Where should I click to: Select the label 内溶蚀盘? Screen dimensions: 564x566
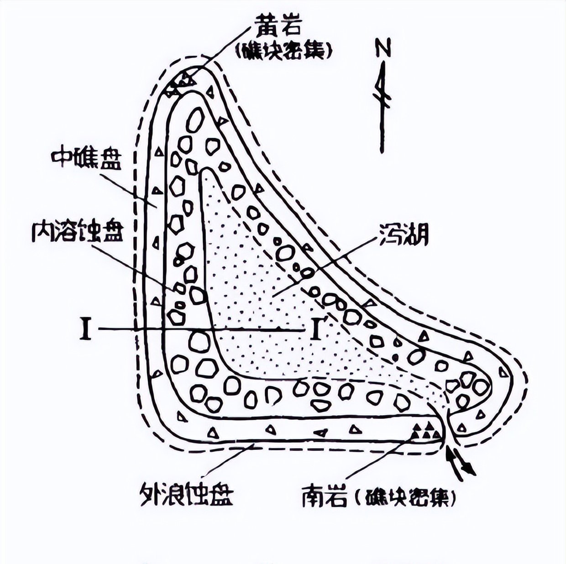pyautogui.click(x=77, y=232)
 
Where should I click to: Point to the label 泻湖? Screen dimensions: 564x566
pyautogui.click(x=403, y=235)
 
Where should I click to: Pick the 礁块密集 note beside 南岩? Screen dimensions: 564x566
pyautogui.click(x=406, y=497)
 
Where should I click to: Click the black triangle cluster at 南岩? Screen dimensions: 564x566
pyautogui.click(x=427, y=431)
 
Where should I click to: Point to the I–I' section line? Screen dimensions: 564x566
pyautogui.click(x=201, y=329)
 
